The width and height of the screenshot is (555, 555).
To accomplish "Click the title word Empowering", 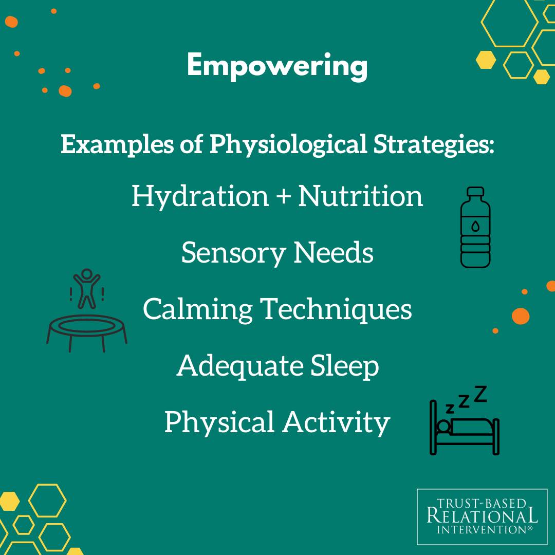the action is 277,66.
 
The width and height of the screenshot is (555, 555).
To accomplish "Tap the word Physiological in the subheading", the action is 288,145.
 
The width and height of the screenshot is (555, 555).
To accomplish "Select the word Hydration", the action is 200,197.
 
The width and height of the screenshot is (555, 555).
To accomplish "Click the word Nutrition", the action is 361,196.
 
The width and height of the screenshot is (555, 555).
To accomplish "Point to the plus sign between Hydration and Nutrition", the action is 284,197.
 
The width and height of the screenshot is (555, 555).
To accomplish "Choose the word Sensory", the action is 233,253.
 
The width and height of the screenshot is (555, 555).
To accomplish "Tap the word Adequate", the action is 239,366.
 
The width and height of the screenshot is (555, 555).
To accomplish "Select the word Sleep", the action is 345,366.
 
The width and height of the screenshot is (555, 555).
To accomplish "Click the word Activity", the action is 336,422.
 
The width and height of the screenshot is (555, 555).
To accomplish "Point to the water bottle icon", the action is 475,227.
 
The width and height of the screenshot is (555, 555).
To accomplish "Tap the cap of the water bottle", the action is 475,192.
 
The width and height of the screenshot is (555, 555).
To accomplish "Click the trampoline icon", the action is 87,329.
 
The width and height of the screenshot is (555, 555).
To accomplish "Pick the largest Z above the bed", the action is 480,394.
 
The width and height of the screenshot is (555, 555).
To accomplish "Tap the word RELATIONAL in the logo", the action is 482,516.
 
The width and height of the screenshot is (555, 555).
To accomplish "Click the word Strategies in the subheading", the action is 434,145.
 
